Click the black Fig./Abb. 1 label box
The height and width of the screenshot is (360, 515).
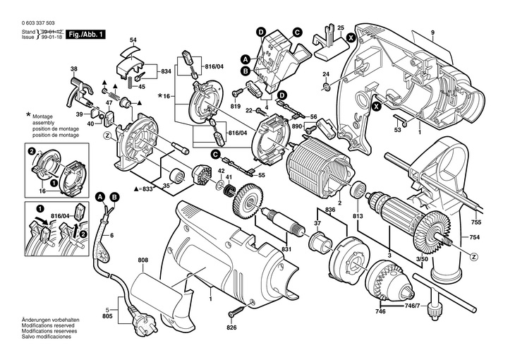pyautogui.click(x=93, y=33)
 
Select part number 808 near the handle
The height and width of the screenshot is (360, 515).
pyautogui.click(x=143, y=260)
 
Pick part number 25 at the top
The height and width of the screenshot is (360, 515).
pyautogui.click(x=341, y=28)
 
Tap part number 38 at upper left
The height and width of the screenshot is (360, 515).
pyautogui.click(x=73, y=69)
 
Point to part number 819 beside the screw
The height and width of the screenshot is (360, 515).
pyautogui.click(x=236, y=105)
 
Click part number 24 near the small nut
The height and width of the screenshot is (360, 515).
pyautogui.click(x=326, y=74)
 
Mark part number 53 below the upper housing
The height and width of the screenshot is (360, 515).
pyautogui.click(x=397, y=129)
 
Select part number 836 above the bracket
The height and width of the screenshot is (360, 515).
pyautogui.click(x=329, y=209)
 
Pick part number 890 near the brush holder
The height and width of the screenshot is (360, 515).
pyautogui.click(x=297, y=126)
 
